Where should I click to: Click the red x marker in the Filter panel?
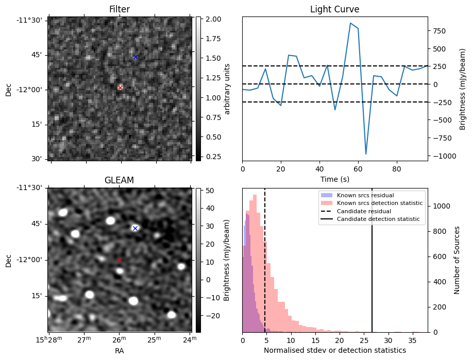click(120, 88)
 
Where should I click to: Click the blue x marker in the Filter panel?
click(136, 57)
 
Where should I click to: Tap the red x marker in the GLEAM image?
click(120, 260)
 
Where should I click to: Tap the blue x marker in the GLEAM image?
click(135, 228)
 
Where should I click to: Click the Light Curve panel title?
click(334, 9)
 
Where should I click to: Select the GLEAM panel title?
click(119, 180)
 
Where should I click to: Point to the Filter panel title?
click(120, 9)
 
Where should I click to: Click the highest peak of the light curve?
click(350, 23)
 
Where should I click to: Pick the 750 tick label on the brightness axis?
click(438, 31)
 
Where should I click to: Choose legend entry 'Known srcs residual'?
click(365, 195)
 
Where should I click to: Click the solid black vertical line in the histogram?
click(372, 278)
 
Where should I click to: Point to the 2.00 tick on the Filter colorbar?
click(213, 19)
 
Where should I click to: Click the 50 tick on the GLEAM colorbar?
click(209, 191)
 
